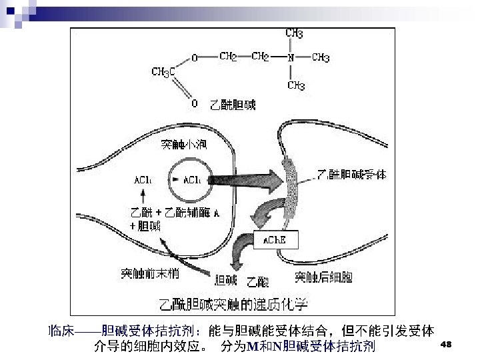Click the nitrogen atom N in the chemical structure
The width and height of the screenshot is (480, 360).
(x=290, y=58)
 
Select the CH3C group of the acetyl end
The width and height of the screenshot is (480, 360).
(x=163, y=71)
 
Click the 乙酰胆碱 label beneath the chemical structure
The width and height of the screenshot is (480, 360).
(x=233, y=105)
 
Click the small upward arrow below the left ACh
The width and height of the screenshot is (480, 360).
(x=142, y=195)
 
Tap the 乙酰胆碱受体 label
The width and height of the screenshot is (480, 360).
(x=351, y=175)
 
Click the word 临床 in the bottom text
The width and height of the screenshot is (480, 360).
(x=61, y=331)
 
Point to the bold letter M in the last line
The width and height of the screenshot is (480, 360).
(x=252, y=347)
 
